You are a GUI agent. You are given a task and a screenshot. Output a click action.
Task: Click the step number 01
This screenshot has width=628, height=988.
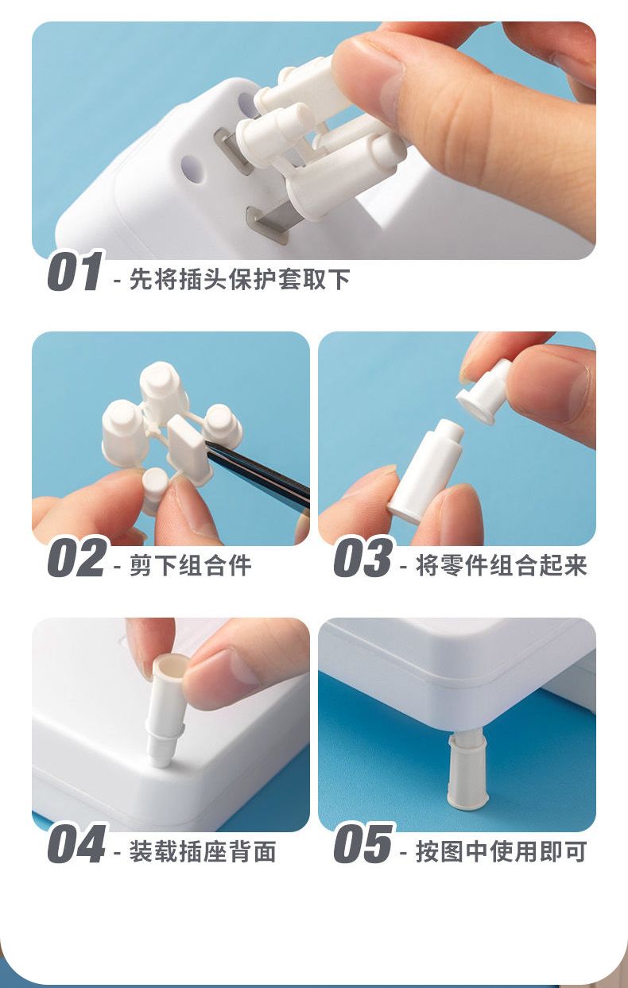[75, 271]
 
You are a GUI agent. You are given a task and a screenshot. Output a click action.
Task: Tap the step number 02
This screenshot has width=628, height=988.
[76, 557]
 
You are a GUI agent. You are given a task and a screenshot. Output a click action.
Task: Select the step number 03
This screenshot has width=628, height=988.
[362, 557]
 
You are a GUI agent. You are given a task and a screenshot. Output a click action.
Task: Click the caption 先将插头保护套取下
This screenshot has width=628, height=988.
[239, 279]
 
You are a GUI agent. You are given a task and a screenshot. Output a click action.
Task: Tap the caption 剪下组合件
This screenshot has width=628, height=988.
[190, 565]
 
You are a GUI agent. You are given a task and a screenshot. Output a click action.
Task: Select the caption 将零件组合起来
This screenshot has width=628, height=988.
[502, 565]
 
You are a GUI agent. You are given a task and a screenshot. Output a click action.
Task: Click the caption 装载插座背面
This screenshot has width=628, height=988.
[203, 851]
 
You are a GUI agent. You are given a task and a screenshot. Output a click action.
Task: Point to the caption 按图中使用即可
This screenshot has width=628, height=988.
[502, 851]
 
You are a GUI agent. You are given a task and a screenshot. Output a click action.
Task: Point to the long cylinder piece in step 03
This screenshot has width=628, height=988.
[425, 472]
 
